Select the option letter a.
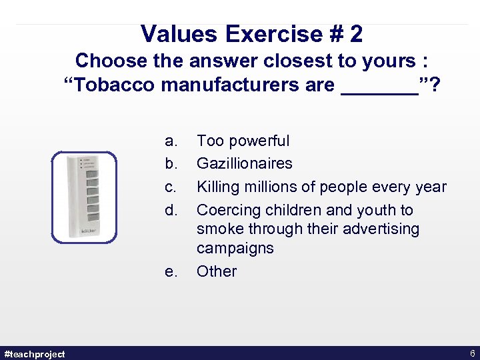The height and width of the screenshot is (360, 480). (171, 141)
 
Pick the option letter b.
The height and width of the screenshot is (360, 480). (171, 163)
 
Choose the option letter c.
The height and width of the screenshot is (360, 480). (171, 187)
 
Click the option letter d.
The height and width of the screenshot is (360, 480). (171, 210)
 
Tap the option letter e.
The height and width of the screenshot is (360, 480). (171, 271)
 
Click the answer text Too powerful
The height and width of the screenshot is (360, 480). (243, 141)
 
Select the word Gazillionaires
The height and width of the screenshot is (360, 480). (244, 163)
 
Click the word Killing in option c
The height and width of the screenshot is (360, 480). (218, 187)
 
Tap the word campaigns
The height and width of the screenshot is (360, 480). (235, 248)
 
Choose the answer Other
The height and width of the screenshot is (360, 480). (216, 271)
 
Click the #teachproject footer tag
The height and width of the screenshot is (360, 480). (35, 353)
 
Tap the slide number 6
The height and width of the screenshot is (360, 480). (472, 353)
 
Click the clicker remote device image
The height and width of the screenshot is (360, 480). (85, 195)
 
